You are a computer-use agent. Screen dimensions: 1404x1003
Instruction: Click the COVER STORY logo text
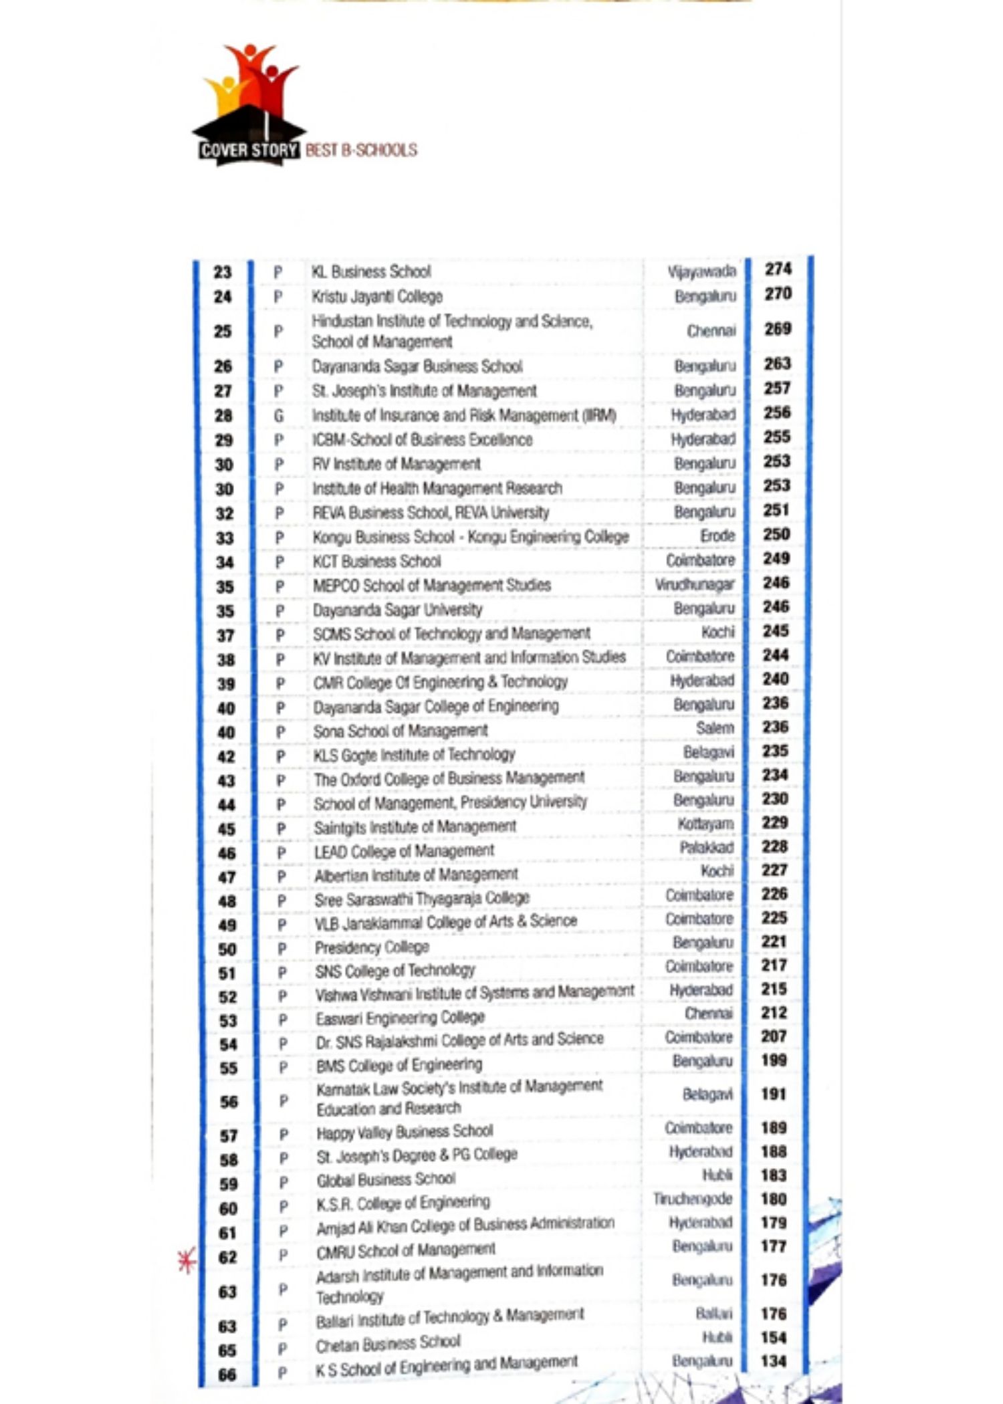[249, 150]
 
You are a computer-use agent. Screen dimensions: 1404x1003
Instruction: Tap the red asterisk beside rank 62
[187, 1260]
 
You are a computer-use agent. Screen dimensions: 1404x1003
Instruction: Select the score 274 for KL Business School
[778, 269]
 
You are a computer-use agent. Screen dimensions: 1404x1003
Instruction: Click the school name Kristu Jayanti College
[377, 296]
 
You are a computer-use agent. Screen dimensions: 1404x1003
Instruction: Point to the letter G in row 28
[279, 416]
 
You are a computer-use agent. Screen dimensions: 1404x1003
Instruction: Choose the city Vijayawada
[701, 271]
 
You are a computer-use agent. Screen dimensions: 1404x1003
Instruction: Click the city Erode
[717, 536]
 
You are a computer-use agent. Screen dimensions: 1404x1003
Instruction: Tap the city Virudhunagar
[695, 584]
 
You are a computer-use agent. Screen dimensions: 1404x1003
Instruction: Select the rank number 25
[223, 332]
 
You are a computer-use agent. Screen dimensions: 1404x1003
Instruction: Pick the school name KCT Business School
[377, 562]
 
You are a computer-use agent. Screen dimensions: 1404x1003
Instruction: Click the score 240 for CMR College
[776, 679]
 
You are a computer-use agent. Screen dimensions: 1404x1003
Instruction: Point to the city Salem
[715, 728]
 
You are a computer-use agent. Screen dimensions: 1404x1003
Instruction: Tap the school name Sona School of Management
[401, 731]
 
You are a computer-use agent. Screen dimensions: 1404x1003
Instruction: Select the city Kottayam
[705, 824]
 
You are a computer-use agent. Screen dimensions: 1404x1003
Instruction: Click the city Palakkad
[707, 848]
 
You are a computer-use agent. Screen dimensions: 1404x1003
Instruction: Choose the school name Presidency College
[372, 948]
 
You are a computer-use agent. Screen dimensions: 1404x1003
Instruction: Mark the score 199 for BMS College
[774, 1060]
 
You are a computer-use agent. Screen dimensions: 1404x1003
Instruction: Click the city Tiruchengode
[693, 1199]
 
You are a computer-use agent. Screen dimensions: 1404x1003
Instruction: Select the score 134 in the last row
[774, 1361]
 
